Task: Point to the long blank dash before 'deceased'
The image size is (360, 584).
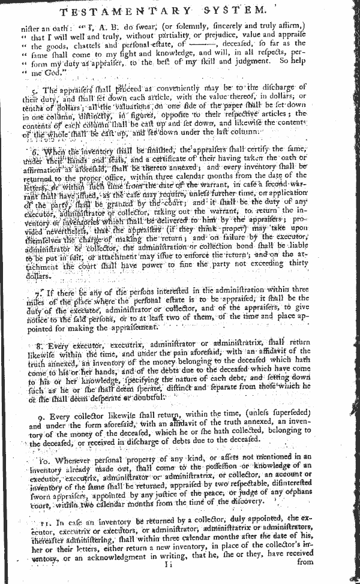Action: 217,44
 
